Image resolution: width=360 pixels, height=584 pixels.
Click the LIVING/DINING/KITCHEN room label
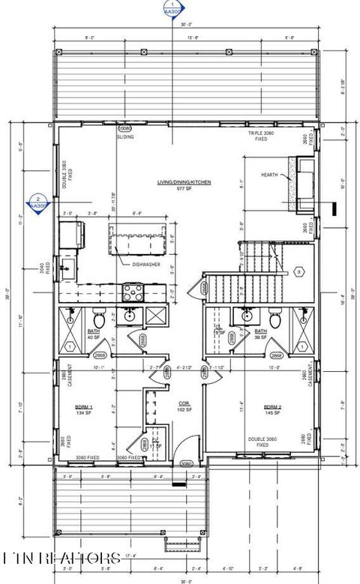click(x=184, y=182)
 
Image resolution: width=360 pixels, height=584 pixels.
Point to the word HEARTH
click(x=269, y=175)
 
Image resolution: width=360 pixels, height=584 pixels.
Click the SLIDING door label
click(x=125, y=137)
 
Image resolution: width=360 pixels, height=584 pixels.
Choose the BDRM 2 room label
click(x=271, y=407)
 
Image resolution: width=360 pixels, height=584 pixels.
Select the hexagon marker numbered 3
click(x=298, y=271)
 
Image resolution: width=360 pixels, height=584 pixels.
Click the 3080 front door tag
click(x=187, y=464)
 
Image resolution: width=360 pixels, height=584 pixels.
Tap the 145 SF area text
click(x=271, y=413)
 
